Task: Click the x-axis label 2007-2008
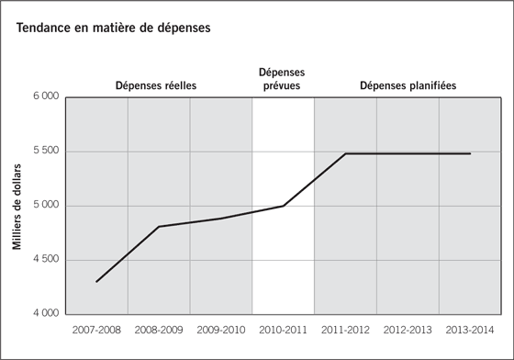point(96,328)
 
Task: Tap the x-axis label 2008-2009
point(159,328)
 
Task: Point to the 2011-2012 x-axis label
point(345,328)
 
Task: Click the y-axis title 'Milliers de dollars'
point(17,205)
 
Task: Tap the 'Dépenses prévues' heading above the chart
point(283,79)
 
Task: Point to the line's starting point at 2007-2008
point(96,282)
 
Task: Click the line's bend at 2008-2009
point(159,226)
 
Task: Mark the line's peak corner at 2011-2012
point(345,153)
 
